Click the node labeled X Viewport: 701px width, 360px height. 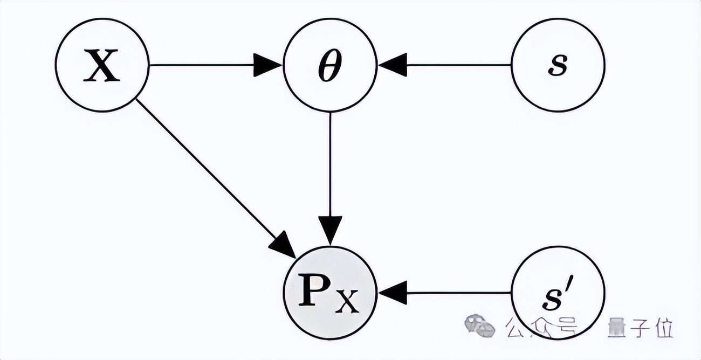[102, 65]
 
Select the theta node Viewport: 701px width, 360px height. [330, 65]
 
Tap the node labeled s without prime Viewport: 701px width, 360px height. [558, 65]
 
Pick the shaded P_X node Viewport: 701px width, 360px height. [330, 293]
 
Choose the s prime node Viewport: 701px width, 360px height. [558, 293]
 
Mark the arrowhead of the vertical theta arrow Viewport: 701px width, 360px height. [330, 231]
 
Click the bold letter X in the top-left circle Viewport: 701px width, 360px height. [102, 65]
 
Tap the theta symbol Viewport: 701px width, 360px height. [330, 65]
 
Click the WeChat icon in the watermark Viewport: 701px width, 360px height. [479, 326]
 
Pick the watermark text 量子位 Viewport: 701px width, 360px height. [640, 327]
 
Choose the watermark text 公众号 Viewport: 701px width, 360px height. [540, 327]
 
